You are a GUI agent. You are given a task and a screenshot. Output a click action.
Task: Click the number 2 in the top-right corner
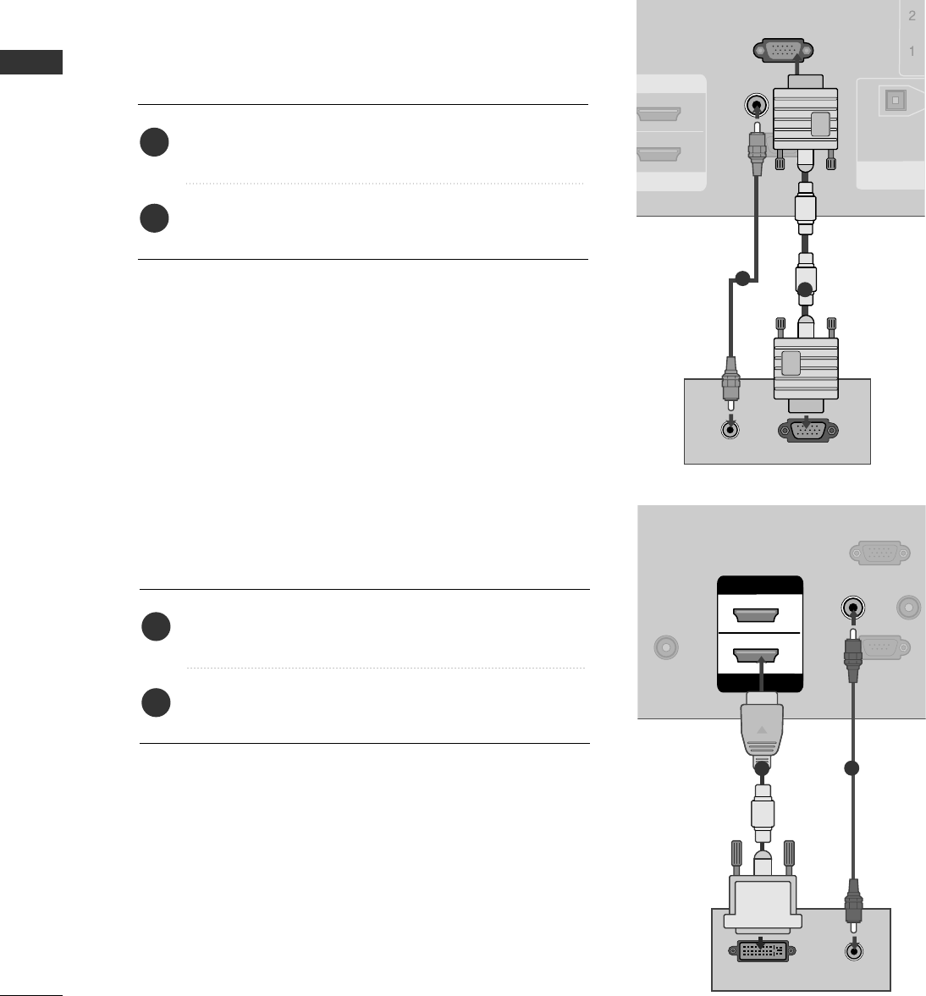pyautogui.click(x=912, y=16)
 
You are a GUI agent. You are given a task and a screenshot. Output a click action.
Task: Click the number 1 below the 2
pyautogui.click(x=912, y=52)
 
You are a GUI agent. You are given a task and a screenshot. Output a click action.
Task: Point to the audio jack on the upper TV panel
pyautogui.click(x=756, y=106)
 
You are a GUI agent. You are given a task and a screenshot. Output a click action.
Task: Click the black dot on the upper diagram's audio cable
pyautogui.click(x=742, y=278)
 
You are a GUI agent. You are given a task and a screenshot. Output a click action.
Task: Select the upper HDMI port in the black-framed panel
pyautogui.click(x=758, y=614)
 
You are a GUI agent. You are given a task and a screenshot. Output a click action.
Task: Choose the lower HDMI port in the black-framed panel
pyautogui.click(x=758, y=654)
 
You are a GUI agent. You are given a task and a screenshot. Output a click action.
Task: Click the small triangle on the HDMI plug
pyautogui.click(x=762, y=729)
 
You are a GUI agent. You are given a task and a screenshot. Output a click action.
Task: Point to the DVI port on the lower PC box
pyautogui.click(x=761, y=950)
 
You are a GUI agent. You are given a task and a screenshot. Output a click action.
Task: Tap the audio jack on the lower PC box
pyautogui.click(x=853, y=949)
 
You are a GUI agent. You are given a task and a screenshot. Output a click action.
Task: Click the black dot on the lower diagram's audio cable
pyautogui.click(x=852, y=768)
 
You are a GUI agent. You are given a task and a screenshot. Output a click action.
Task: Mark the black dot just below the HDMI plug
pyautogui.click(x=762, y=768)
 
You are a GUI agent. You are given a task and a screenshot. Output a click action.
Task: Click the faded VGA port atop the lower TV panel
pyautogui.click(x=879, y=553)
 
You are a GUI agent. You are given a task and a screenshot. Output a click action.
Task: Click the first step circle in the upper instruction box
pyautogui.click(x=155, y=142)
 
